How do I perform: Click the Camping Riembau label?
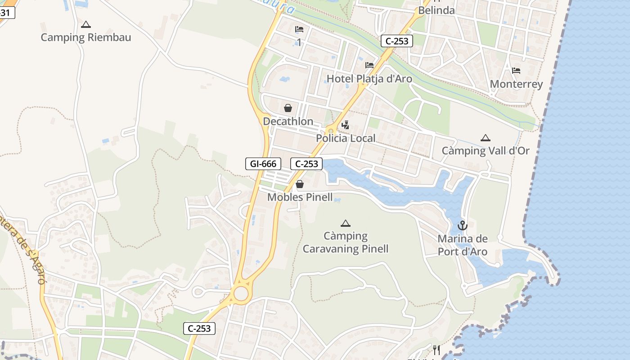click(86, 37)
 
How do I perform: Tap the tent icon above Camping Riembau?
click(86, 24)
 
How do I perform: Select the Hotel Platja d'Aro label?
click(369, 79)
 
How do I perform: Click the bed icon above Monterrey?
click(516, 71)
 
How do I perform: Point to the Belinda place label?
click(436, 10)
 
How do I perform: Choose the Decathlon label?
click(288, 121)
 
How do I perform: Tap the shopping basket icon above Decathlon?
click(288, 108)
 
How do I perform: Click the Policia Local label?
click(346, 138)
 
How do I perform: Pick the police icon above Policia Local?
click(346, 125)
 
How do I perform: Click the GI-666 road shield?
click(263, 164)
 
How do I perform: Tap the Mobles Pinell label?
click(300, 197)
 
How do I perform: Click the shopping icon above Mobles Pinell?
click(300, 184)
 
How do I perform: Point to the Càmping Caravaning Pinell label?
click(346, 243)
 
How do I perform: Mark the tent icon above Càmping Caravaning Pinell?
click(346, 223)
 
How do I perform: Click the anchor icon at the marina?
click(463, 225)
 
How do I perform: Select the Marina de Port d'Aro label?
click(463, 245)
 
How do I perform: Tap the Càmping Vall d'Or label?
click(486, 151)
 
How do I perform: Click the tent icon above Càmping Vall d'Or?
click(485, 138)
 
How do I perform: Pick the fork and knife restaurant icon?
click(436, 350)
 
